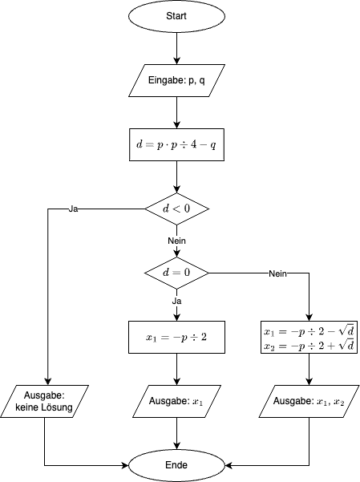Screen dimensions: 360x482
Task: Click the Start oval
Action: coord(176,16)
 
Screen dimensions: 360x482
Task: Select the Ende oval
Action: coord(176,465)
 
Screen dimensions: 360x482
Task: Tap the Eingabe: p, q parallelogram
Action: coord(176,80)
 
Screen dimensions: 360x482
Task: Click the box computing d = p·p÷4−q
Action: coord(176,145)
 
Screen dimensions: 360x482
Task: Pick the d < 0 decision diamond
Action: coord(176,209)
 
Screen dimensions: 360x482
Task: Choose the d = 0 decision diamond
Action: coord(176,273)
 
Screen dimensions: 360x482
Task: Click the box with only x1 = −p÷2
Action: coord(176,337)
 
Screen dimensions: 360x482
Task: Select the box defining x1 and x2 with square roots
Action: coord(309,337)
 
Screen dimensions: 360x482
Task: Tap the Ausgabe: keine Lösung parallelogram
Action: coord(44,401)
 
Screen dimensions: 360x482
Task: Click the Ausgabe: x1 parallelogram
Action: coord(176,401)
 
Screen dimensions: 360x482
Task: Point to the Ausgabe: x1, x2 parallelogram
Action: coord(309,401)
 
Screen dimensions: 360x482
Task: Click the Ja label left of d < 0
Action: coord(73,209)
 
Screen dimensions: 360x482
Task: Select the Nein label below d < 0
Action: coord(176,241)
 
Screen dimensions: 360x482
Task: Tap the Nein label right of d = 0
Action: coord(277,273)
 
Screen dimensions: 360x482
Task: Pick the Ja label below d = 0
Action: coord(176,302)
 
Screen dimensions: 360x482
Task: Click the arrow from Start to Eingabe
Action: coord(176,48)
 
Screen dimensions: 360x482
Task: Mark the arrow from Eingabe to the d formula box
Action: coord(176,112)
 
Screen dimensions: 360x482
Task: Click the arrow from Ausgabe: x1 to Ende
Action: coord(176,433)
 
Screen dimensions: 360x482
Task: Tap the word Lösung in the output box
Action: coord(58,407)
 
